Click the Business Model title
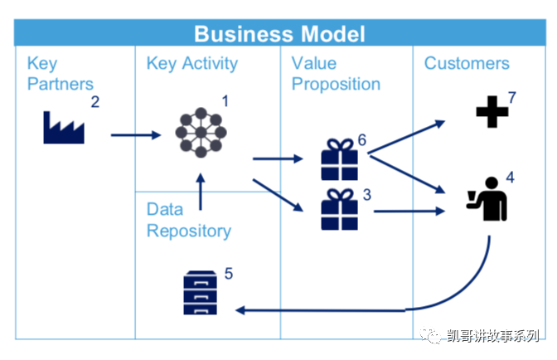[x=279, y=34]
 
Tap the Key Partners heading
[x=61, y=74]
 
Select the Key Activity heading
[x=192, y=64]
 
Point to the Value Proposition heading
[x=336, y=74]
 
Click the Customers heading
[x=467, y=64]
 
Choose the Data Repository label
[x=188, y=220]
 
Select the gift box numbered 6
[x=338, y=159]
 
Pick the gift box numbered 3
[x=338, y=210]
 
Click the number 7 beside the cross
[x=512, y=98]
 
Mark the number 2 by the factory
[x=95, y=103]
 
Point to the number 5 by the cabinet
[x=229, y=272]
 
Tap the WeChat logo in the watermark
[x=434, y=335]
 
